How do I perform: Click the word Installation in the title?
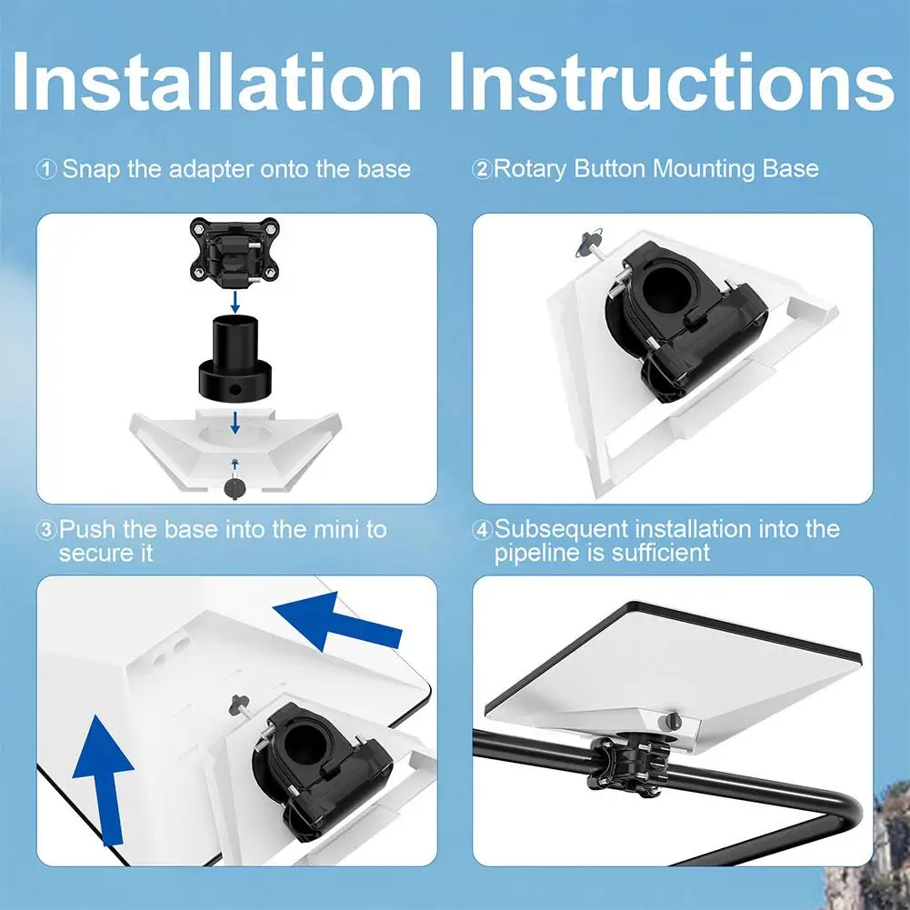tap(215, 81)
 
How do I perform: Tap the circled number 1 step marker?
tap(46, 170)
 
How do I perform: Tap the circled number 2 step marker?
tap(483, 169)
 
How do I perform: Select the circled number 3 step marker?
tap(46, 530)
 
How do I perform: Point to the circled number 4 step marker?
tap(483, 530)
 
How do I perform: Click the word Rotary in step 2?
tap(530, 169)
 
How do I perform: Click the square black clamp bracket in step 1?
tap(235, 251)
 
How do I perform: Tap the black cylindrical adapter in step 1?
tap(235, 357)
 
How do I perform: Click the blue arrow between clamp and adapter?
tap(235, 302)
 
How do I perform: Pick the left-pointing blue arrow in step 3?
tap(336, 622)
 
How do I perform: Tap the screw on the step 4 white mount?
tap(672, 722)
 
